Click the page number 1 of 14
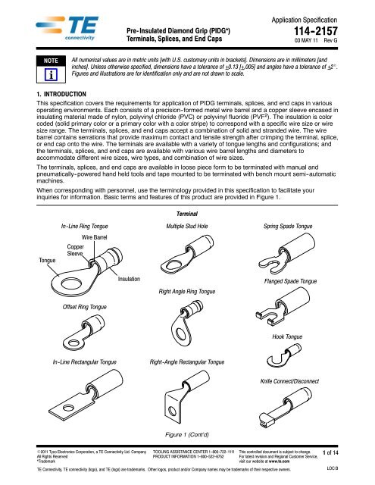(352, 452)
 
